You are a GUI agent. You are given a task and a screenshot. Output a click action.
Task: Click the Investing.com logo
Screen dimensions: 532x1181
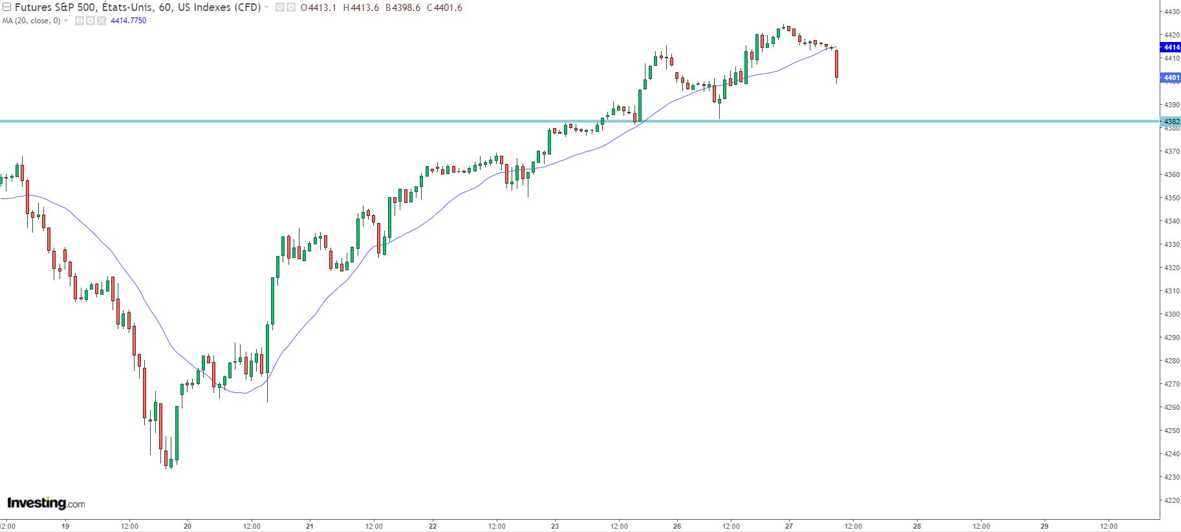tap(45, 503)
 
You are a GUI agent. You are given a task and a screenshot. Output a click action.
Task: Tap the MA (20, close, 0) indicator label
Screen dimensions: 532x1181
tap(32, 21)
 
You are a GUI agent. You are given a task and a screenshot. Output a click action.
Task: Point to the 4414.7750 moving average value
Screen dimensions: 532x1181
tap(129, 21)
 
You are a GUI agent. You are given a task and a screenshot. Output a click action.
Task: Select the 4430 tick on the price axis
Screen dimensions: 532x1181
tap(1171, 12)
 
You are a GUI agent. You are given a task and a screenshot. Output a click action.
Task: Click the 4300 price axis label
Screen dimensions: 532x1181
tap(1171, 314)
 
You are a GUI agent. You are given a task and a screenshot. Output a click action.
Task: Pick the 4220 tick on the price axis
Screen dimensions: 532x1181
tap(1171, 500)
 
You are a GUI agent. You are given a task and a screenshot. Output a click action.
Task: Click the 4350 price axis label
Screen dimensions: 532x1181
tap(1171, 198)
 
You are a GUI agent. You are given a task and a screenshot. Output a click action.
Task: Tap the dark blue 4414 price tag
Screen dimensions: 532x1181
tap(1171, 47)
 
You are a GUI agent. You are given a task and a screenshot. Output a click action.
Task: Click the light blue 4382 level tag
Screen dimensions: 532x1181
tap(1171, 122)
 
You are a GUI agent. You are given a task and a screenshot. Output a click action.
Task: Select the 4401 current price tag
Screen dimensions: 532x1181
tap(1171, 78)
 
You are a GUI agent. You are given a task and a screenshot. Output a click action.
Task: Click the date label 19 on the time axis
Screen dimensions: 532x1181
tap(65, 526)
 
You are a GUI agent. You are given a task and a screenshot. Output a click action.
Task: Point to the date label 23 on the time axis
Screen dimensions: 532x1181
tap(555, 526)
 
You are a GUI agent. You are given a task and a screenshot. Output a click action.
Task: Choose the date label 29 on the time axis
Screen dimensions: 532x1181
tap(1045, 526)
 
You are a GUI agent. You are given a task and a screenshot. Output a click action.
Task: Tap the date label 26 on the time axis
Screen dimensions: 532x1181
tap(677, 526)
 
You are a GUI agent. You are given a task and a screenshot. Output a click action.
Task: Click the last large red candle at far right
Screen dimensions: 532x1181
tap(837, 64)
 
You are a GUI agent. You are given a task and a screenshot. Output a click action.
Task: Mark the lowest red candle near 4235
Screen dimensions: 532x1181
tap(166, 458)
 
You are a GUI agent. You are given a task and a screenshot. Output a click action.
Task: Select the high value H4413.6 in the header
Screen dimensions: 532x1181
tap(361, 8)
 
